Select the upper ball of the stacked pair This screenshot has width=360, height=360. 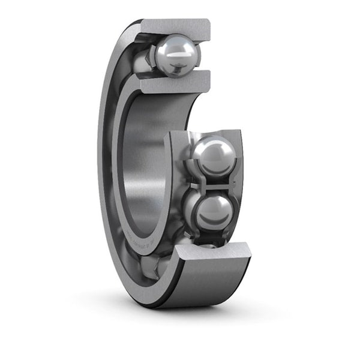tap(213, 157)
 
